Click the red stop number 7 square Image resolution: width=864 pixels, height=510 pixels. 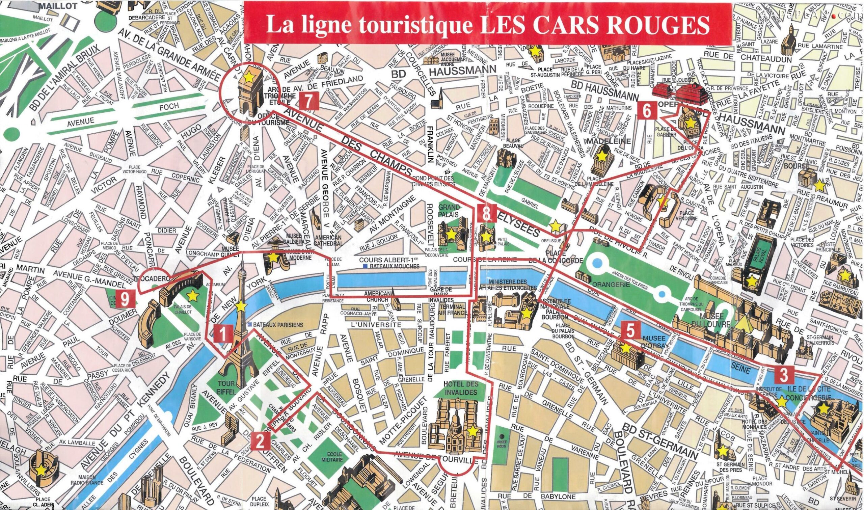tap(308, 101)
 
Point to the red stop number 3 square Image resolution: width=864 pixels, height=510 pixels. tap(784, 375)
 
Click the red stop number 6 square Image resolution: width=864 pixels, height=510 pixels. tap(647, 111)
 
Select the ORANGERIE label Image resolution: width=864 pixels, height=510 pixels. tap(614, 285)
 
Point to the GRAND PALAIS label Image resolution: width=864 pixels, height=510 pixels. tap(449, 210)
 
